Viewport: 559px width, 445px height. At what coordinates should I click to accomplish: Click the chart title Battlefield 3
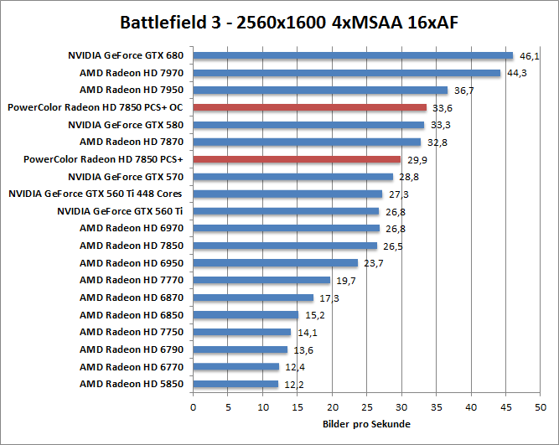pyautogui.click(x=279, y=20)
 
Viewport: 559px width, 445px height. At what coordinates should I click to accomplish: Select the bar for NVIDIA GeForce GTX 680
pyautogui.click(x=353, y=55)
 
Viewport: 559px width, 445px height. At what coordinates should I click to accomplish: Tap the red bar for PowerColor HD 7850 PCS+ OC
pyautogui.click(x=310, y=107)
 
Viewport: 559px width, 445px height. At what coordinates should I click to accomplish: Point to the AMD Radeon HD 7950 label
pyautogui.click(x=132, y=90)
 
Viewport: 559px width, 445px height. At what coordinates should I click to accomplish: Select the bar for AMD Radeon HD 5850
pyautogui.click(x=236, y=384)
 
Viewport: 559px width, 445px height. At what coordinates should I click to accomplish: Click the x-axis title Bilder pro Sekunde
pyautogui.click(x=366, y=424)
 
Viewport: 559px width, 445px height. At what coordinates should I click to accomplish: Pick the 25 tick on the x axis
pyautogui.click(x=367, y=408)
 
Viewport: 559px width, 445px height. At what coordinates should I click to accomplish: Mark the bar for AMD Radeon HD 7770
pyautogui.click(x=261, y=280)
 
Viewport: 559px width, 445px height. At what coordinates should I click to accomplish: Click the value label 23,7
pyautogui.click(x=373, y=263)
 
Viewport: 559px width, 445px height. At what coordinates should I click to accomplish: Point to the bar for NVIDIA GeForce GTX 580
pyautogui.click(x=309, y=125)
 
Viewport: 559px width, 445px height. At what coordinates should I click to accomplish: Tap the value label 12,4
pyautogui.click(x=294, y=367)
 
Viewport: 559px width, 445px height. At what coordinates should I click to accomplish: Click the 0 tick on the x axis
pyautogui.click(x=194, y=408)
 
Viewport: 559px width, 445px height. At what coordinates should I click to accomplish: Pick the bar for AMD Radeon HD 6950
pyautogui.click(x=276, y=263)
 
